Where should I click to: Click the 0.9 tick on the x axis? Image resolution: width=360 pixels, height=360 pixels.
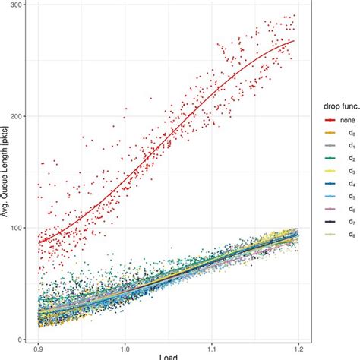point(39,350)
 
